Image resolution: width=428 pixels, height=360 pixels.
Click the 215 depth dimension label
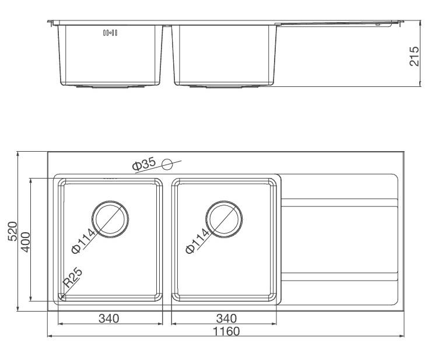click(415, 56)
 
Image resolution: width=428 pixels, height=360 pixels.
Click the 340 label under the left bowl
click(109, 318)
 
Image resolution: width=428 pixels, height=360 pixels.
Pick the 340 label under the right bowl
click(226, 318)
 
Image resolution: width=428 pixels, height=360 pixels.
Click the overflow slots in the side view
click(110, 33)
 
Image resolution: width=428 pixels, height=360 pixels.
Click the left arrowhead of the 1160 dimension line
click(49, 337)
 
